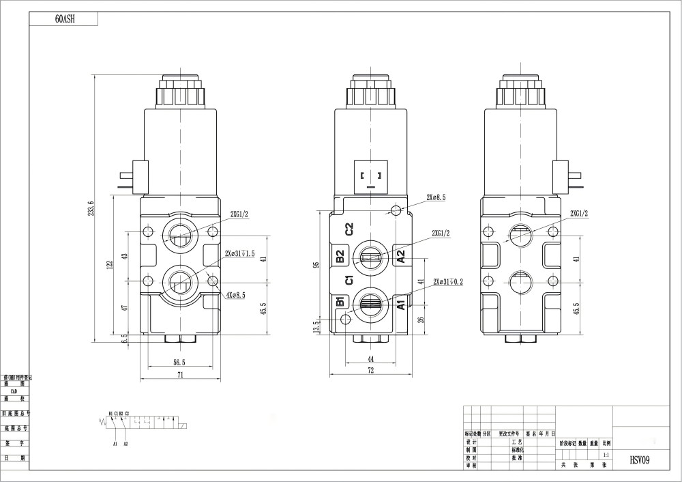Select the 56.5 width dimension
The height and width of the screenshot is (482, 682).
179,363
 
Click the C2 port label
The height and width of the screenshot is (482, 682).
349,229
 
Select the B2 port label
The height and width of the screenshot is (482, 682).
339,256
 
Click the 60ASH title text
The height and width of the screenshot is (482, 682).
65,19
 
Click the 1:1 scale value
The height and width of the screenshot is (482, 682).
606,454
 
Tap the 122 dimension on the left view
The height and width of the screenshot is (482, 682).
109,265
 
